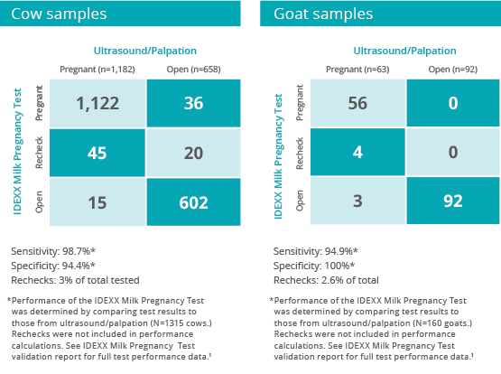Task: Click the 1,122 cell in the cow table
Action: (x=97, y=103)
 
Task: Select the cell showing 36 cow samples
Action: (x=193, y=103)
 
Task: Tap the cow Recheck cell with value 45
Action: (x=97, y=153)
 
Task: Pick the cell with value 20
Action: (x=193, y=153)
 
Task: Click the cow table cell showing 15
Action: (x=97, y=202)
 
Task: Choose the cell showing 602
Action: (x=193, y=202)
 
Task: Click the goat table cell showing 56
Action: (x=357, y=103)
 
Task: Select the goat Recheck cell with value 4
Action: (x=357, y=152)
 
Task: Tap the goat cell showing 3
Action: (x=357, y=201)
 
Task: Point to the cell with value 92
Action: (x=453, y=201)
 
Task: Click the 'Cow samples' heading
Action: (x=59, y=14)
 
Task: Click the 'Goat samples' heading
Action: (x=323, y=14)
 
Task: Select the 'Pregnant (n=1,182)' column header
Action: (x=97, y=70)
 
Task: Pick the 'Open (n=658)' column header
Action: (x=193, y=70)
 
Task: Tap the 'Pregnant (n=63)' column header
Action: (x=357, y=70)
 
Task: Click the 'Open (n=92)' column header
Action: (x=453, y=70)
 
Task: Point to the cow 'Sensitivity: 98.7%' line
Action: (x=53, y=251)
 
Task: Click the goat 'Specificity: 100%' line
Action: (x=314, y=266)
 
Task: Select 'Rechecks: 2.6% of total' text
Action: (x=326, y=280)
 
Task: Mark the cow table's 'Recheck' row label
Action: (x=39, y=153)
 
